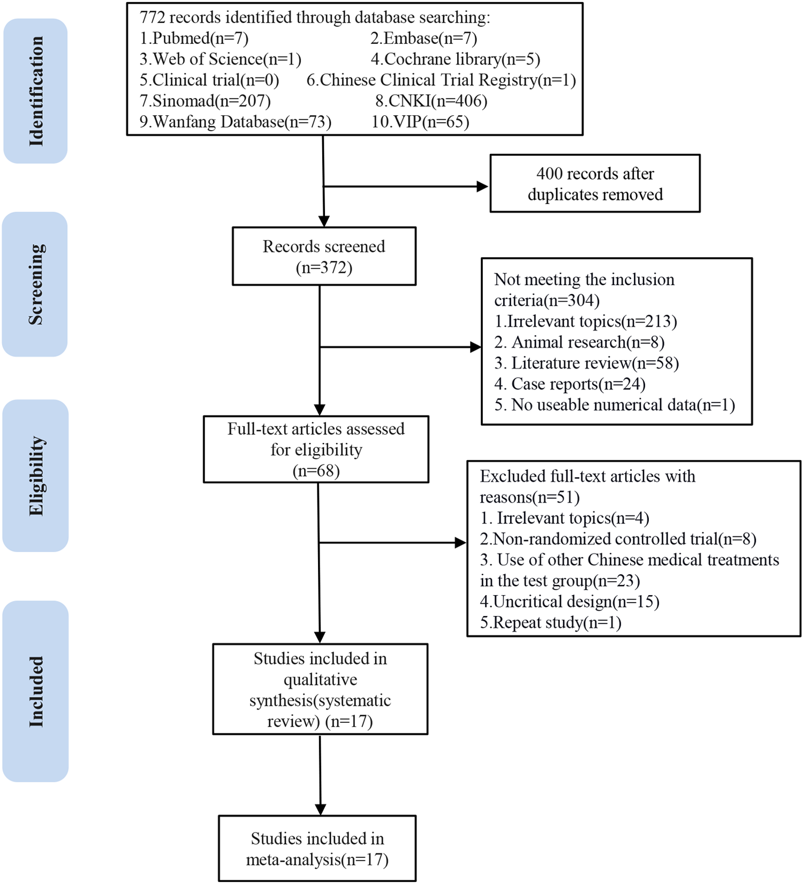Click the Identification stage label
(35, 91)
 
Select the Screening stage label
(35, 284)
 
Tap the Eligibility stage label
(35, 476)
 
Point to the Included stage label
(35, 691)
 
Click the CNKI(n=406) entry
(431, 101)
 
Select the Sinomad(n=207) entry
(205, 101)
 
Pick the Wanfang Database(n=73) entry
(236, 122)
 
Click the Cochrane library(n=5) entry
(456, 59)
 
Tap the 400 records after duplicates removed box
(595, 184)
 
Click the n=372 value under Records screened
(324, 267)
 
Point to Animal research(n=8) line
(579, 342)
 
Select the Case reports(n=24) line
(570, 384)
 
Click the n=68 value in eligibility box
(316, 470)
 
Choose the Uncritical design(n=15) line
(570, 601)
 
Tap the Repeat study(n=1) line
(550, 622)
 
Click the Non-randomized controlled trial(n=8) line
(618, 538)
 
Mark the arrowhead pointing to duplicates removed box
(482, 186)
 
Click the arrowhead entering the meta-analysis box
(320, 809)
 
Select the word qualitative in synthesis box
(320, 679)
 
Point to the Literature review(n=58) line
(587, 363)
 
